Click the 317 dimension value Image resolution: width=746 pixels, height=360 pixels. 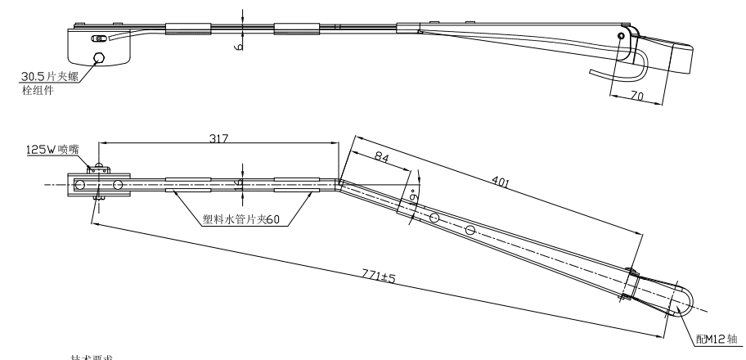coord(218,139)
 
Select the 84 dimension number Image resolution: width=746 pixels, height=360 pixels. coord(380,156)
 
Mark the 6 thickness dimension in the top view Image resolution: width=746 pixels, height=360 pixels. coord(240,46)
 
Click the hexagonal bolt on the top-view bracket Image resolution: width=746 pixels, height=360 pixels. coord(100,57)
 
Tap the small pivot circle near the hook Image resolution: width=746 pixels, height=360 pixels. coord(622,36)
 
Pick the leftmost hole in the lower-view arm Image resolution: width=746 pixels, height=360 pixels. coord(79,185)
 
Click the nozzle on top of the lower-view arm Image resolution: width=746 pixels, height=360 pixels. coord(99,169)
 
